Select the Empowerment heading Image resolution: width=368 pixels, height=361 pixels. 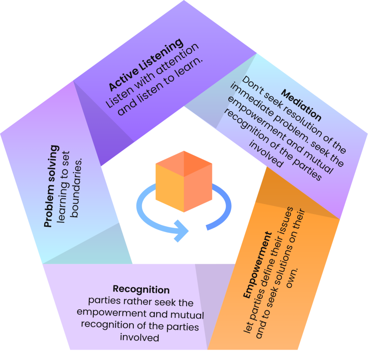257,265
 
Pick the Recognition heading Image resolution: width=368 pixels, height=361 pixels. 141,289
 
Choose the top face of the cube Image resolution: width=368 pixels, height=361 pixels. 184,164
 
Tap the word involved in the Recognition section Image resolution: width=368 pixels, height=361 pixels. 139,338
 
